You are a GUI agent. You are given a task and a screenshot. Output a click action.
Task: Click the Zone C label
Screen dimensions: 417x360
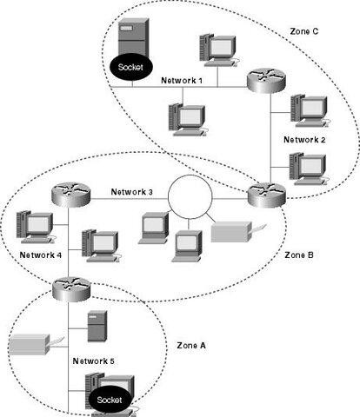coord(305,30)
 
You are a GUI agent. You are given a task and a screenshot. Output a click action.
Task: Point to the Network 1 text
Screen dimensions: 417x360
coord(182,80)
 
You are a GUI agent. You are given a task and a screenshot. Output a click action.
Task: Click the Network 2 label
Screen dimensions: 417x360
coord(303,139)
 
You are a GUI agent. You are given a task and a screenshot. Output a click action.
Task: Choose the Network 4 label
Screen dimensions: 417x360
coord(41,255)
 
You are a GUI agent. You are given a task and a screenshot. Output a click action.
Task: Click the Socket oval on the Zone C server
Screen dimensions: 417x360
coord(130,65)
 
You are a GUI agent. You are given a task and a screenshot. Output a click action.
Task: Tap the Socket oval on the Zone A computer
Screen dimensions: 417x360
coord(110,400)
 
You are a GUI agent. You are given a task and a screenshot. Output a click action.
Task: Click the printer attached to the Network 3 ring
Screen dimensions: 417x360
coord(232,232)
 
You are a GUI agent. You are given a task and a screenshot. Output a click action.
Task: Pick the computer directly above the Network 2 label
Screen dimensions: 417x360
coord(309,109)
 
